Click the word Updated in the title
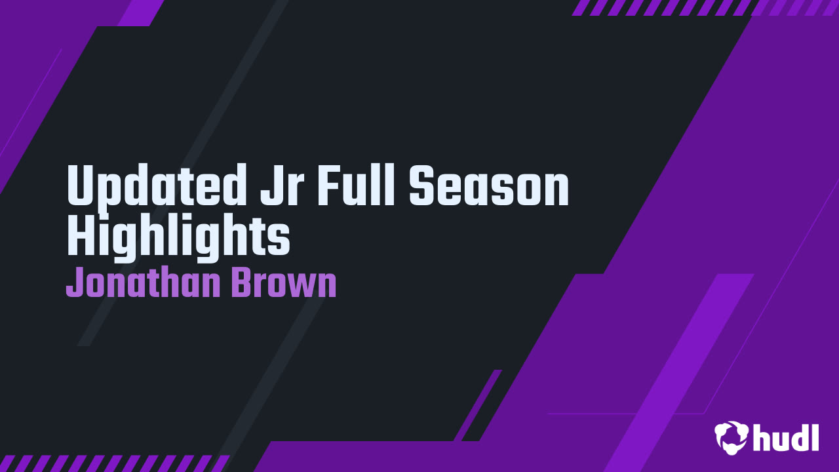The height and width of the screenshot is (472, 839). (x=154, y=186)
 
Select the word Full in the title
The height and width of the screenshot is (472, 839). (x=357, y=186)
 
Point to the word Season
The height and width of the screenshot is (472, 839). (x=489, y=186)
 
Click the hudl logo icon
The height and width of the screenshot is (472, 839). (x=732, y=437)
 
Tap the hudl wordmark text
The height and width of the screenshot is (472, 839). (x=787, y=437)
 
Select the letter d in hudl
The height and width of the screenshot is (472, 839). (x=796, y=437)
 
